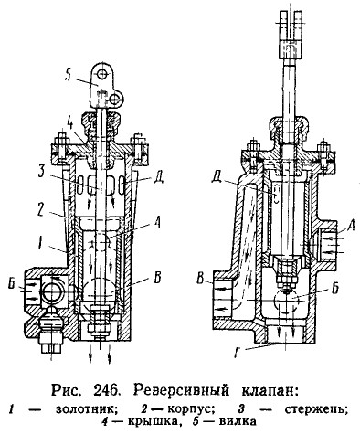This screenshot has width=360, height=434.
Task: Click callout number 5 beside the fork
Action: coord(69,74)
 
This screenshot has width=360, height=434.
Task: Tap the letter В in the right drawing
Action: coord(201,280)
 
